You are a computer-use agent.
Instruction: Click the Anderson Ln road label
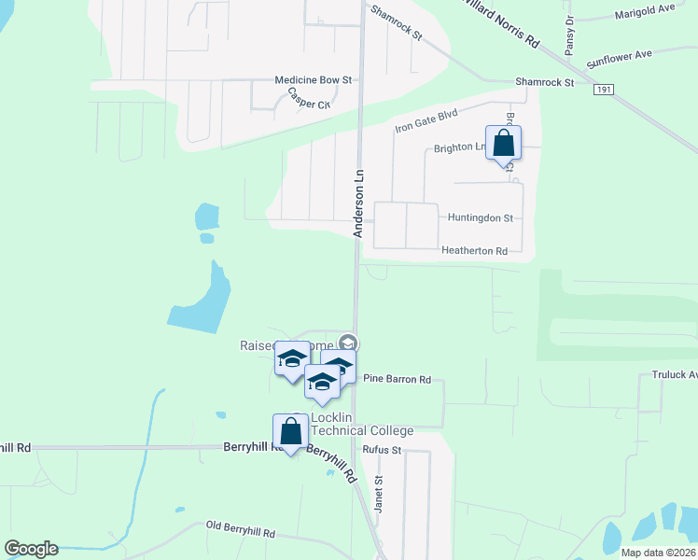(357, 203)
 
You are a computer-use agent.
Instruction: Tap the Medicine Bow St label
(312, 80)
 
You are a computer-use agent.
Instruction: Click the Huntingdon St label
(481, 217)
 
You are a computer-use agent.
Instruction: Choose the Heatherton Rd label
(474, 251)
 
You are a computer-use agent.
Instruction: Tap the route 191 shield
(603, 89)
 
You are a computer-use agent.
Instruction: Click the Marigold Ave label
(645, 15)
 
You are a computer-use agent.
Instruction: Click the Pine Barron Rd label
(397, 380)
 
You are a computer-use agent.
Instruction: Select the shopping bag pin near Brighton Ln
(503, 145)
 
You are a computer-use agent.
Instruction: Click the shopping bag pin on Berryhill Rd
(290, 433)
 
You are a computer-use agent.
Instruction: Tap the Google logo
(30, 549)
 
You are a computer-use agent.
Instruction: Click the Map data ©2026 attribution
(657, 553)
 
